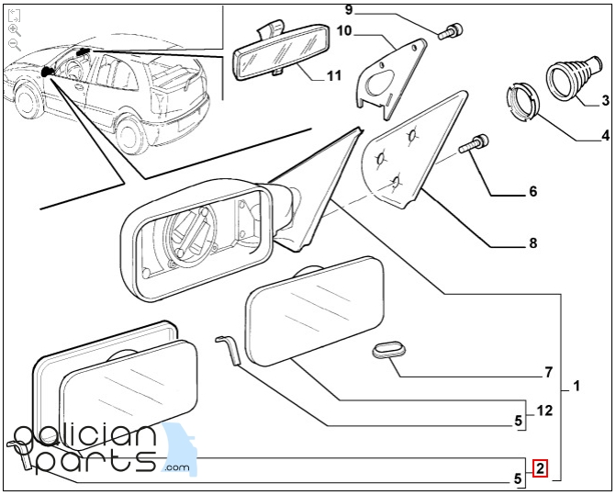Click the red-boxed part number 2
coord(541,468)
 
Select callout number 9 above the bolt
coord(348,10)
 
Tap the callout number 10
coord(345,31)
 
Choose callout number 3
coord(606,100)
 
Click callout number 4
coord(605,137)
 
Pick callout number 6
coord(532,193)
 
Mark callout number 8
coord(532,243)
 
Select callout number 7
coord(548,373)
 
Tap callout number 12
coord(544,411)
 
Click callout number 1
coord(577,386)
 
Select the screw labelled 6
coord(477,143)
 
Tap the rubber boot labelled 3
coord(573,78)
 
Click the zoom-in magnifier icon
coord(13,29)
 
